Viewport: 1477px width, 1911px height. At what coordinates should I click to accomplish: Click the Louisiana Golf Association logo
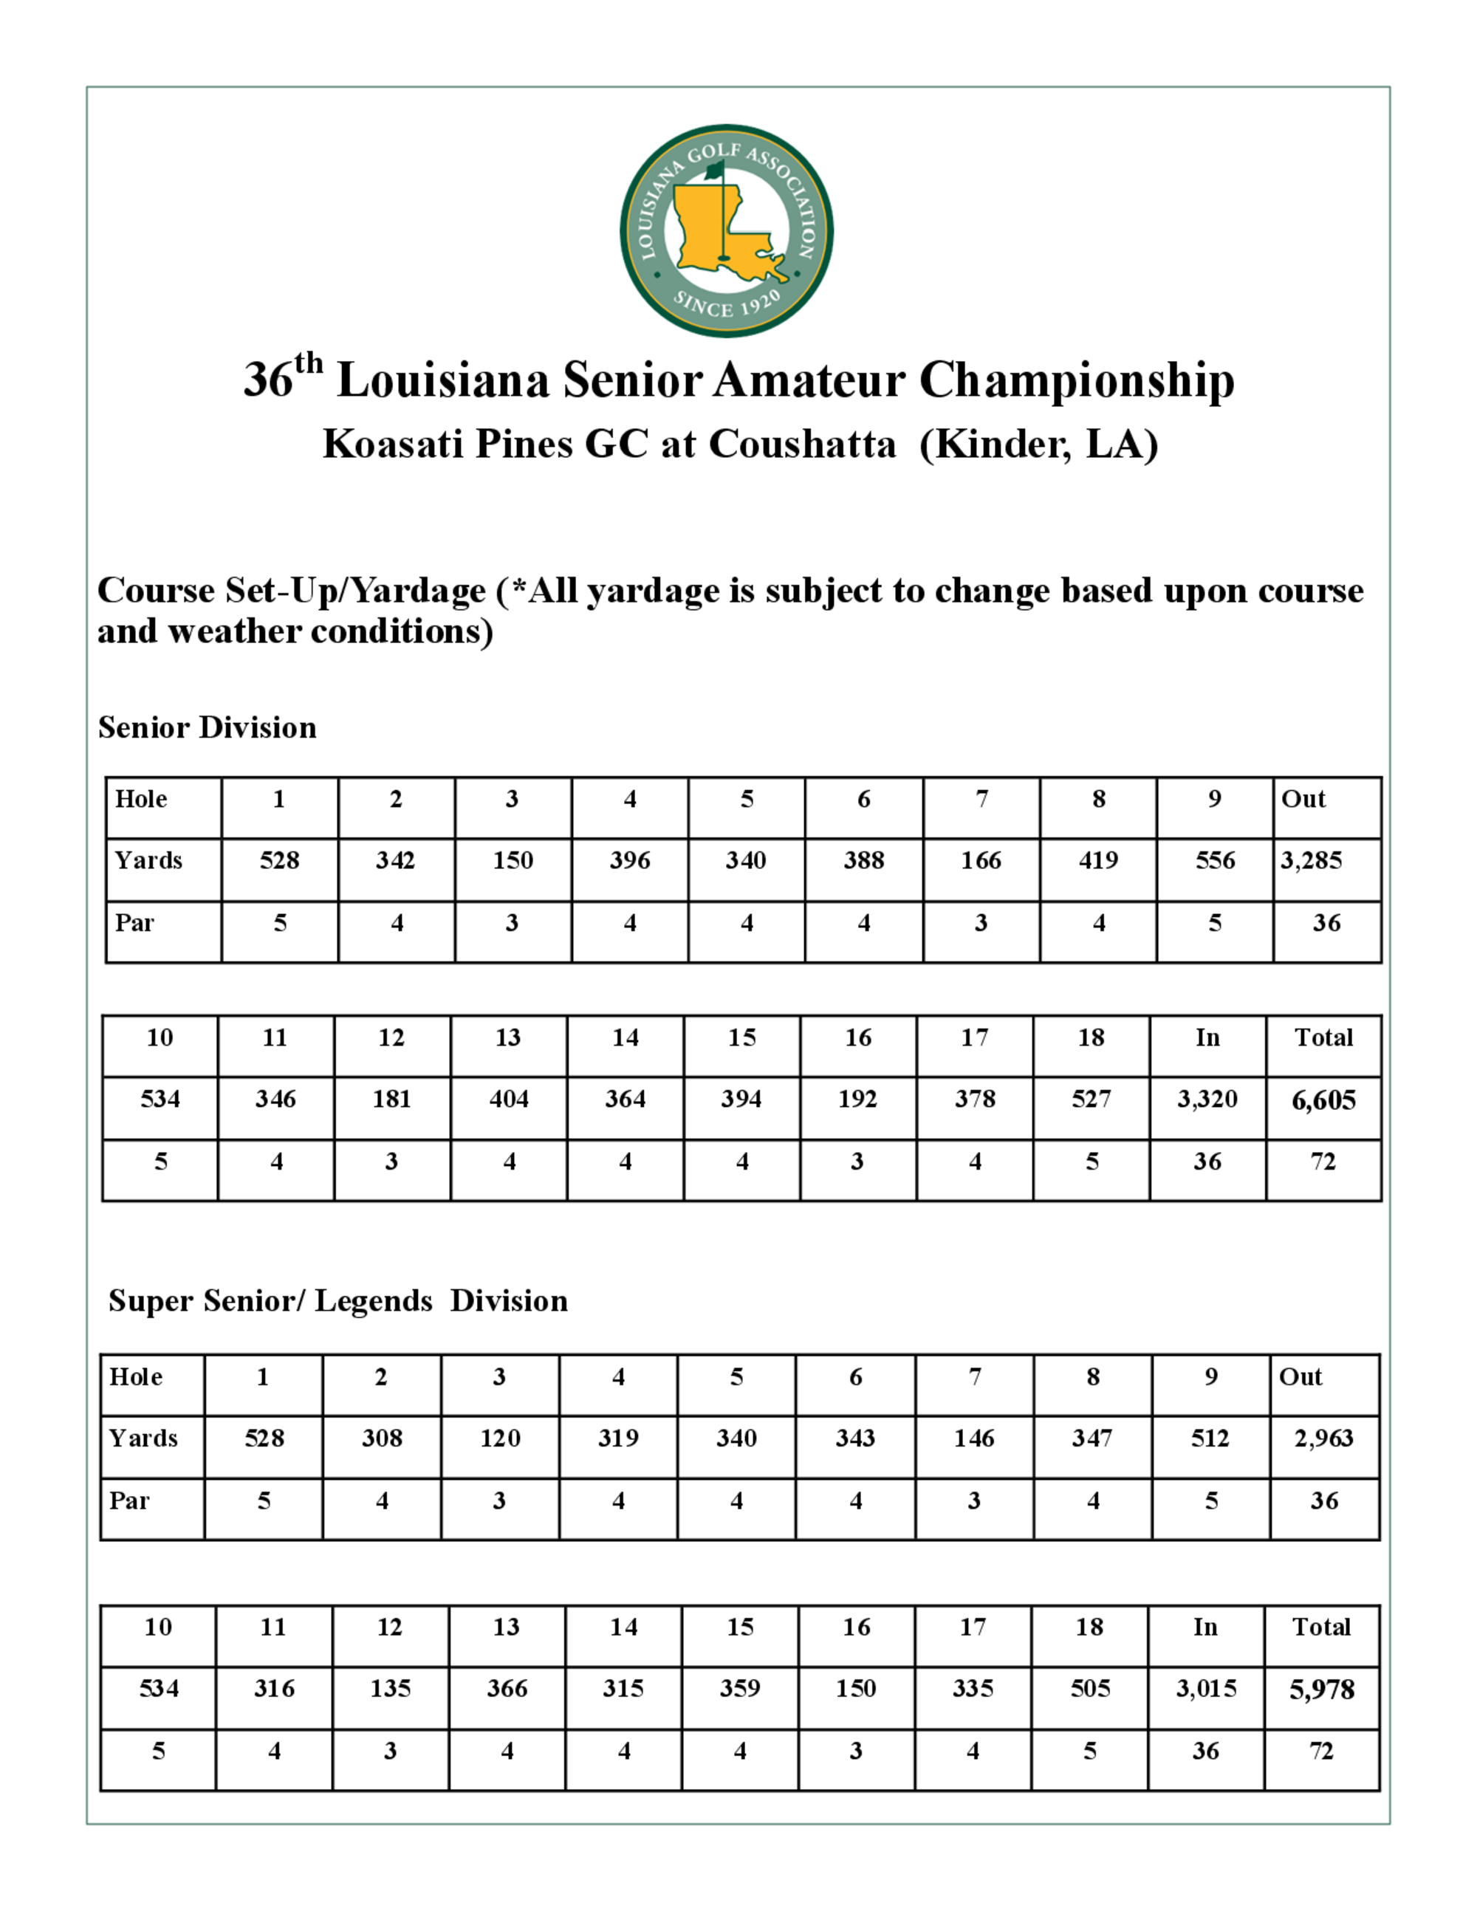[726, 231]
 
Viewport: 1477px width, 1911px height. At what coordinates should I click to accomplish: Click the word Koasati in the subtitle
[393, 444]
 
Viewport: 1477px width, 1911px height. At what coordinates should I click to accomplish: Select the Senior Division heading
[207, 727]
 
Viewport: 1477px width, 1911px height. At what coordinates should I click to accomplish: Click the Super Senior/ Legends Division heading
[337, 1300]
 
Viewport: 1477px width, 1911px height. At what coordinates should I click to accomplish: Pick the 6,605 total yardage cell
[1323, 1100]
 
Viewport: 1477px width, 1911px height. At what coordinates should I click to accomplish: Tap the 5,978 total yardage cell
[1321, 1689]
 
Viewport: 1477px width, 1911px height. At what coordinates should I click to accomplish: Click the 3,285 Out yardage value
[1311, 860]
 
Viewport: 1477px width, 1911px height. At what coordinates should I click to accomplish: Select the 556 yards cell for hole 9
[1215, 860]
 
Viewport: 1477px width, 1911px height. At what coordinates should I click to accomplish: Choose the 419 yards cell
[1098, 860]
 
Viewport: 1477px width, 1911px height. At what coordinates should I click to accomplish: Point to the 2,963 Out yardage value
[1323, 1438]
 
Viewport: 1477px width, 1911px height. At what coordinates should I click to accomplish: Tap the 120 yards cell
[500, 1438]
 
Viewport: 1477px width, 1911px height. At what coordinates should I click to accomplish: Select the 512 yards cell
[1210, 1438]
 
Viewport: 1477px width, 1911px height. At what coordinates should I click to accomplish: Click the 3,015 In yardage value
[1206, 1688]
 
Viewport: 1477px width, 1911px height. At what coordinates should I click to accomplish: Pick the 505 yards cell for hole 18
[1089, 1688]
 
